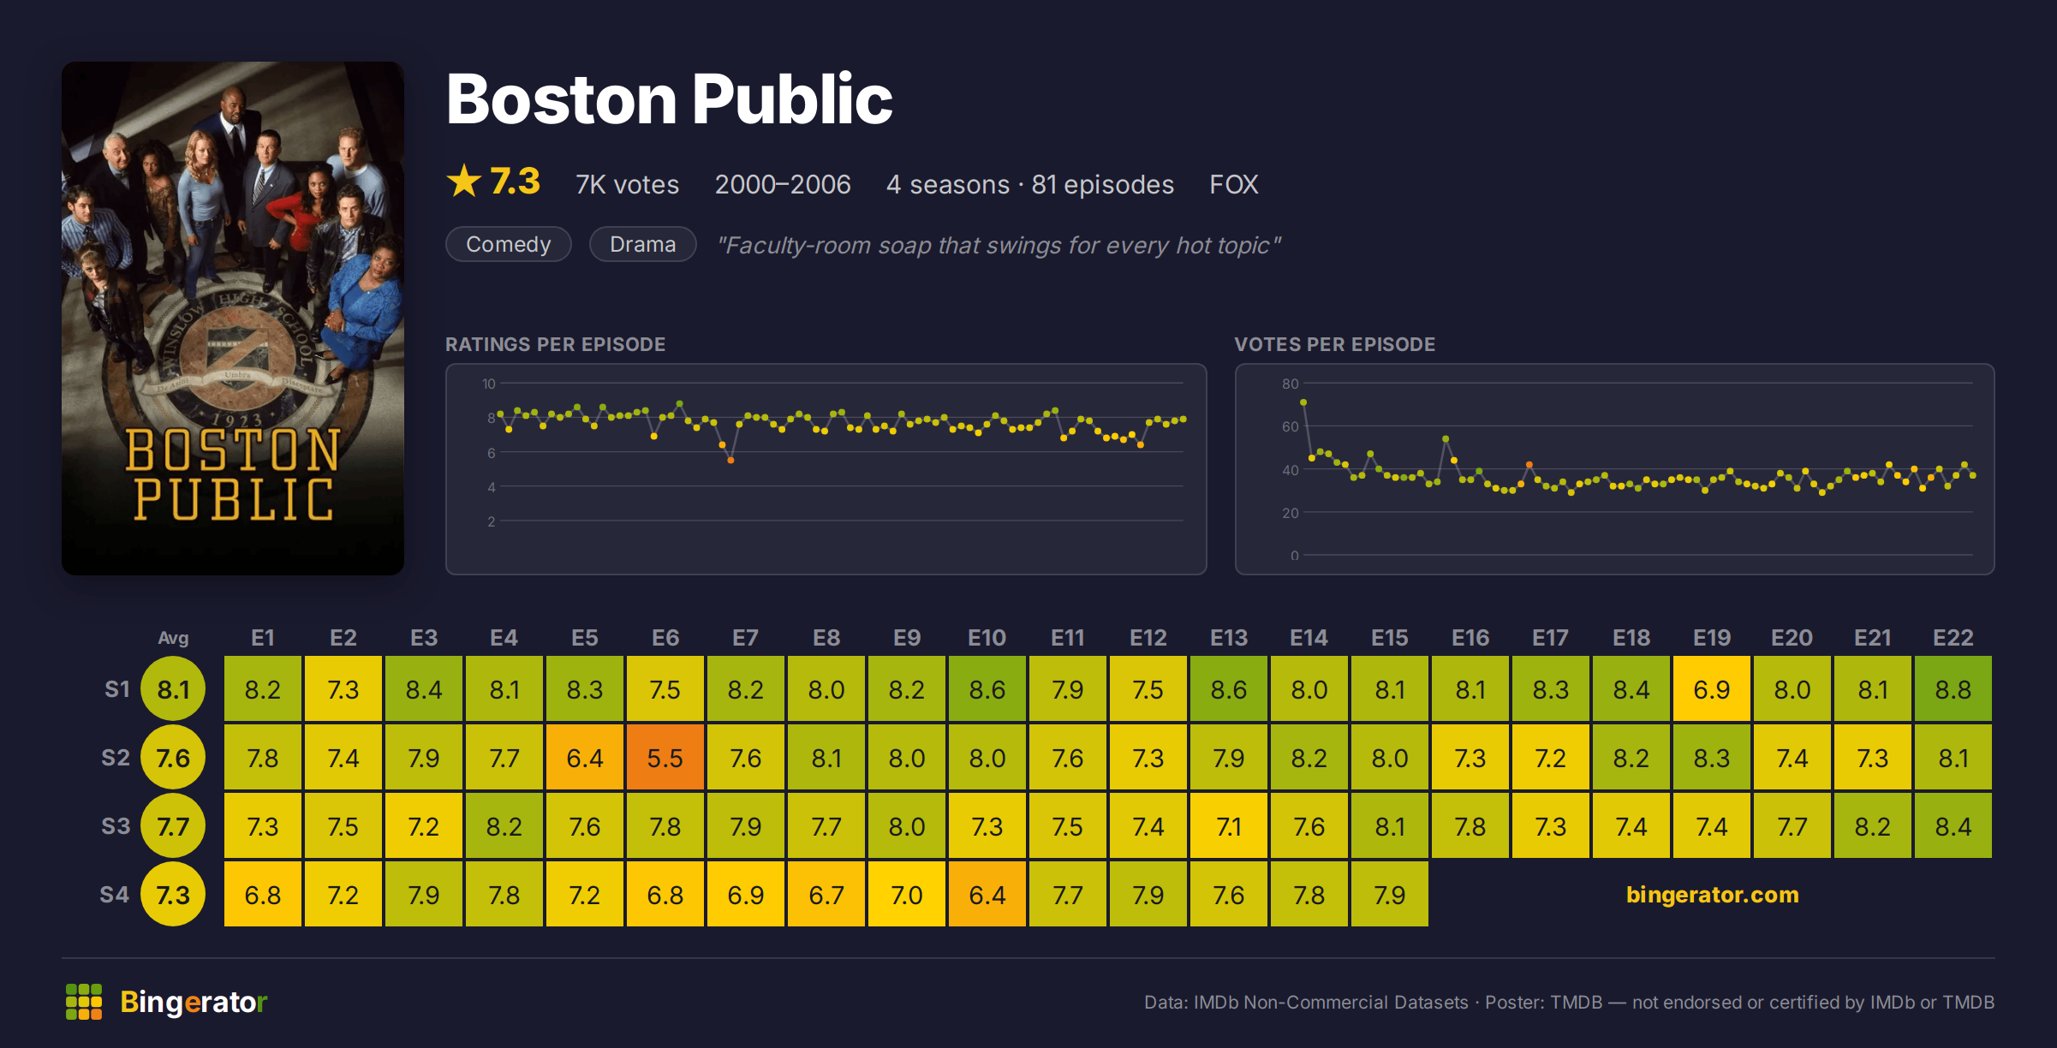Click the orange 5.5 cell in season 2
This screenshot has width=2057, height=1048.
point(665,758)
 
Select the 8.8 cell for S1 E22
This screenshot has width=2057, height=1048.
point(1953,689)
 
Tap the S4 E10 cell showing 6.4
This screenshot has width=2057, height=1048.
point(987,895)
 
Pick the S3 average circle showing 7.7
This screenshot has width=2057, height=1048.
point(173,826)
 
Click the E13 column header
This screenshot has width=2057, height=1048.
point(1229,638)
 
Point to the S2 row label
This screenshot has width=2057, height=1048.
point(116,758)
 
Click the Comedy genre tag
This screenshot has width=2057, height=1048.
point(509,245)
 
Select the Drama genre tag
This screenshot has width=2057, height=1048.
point(643,245)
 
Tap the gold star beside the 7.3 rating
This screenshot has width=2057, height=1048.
point(464,181)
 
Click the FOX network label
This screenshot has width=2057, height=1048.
point(1233,184)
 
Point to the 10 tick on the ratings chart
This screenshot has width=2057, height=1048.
point(489,384)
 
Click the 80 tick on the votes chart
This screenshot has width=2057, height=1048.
point(1291,384)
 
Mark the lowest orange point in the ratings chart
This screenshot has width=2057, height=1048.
point(730,461)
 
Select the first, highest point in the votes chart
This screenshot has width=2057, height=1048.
point(1303,402)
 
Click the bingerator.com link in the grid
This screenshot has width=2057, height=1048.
point(1712,895)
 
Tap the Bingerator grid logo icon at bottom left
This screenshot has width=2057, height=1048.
point(84,1002)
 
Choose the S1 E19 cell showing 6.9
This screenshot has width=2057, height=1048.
point(1712,689)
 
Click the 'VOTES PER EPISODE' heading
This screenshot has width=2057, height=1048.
point(1334,344)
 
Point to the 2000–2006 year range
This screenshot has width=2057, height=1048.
point(783,184)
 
